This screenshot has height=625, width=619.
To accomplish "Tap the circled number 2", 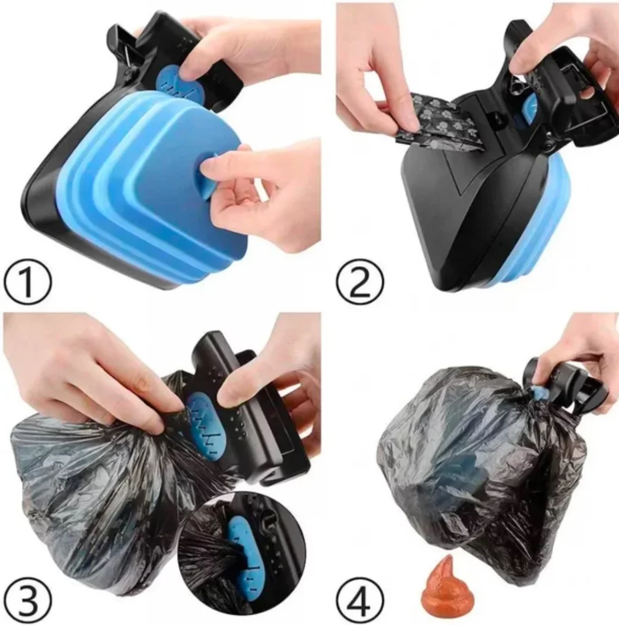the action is (360, 282).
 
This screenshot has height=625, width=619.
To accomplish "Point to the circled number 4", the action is (360, 601).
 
